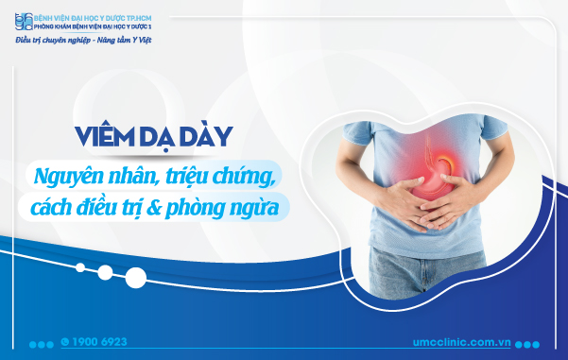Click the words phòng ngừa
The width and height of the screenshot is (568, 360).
236,207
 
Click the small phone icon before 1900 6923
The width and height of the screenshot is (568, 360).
64,340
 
